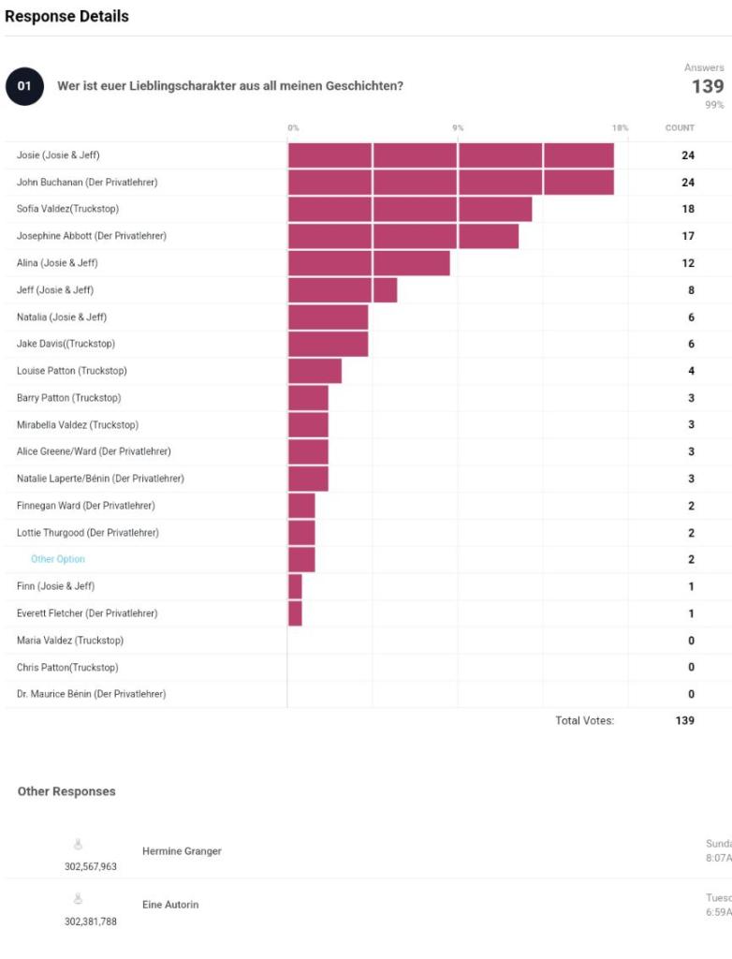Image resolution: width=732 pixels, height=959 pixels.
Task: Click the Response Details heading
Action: [66, 16]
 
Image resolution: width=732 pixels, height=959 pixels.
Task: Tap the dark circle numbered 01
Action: [24, 86]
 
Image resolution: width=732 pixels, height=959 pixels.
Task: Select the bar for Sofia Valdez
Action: [409, 209]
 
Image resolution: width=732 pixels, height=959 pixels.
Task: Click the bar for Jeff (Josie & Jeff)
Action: [342, 290]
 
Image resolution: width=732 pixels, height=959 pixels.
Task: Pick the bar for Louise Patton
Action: [315, 371]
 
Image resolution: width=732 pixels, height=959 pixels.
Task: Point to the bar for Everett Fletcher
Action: [295, 613]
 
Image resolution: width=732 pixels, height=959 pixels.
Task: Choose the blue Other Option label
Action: [58, 559]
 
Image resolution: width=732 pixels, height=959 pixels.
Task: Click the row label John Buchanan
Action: [87, 183]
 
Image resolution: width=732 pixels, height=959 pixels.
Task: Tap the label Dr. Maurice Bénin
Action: [91, 694]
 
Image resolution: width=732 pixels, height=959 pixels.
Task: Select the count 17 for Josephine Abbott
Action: [688, 236]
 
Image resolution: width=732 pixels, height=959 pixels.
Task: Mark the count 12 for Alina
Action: [688, 263]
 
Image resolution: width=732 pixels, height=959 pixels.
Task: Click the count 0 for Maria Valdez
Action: [691, 641]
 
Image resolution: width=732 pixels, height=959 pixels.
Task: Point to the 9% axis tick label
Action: [458, 127]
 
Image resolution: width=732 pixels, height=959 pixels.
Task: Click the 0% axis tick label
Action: [293, 127]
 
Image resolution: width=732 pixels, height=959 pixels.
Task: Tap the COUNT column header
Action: [680, 127]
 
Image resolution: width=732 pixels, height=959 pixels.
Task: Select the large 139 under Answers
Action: [707, 86]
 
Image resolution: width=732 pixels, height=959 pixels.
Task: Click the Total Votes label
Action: [584, 721]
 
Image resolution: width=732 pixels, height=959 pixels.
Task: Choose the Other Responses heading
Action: [66, 791]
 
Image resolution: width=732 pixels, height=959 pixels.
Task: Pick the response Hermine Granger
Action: [182, 851]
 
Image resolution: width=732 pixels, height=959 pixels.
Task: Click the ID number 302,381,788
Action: [90, 922]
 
